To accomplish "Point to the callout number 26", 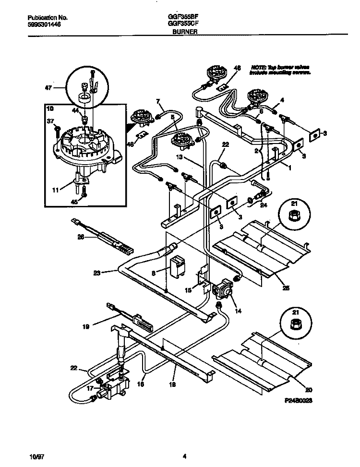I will [x=81, y=236].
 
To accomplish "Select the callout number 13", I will [x=179, y=156].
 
